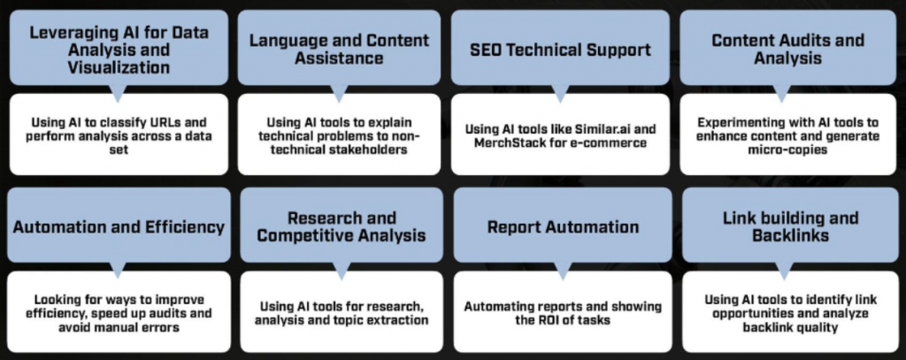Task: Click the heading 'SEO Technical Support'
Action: (560, 50)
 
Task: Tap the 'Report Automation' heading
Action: (563, 226)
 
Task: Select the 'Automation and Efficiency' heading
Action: (119, 226)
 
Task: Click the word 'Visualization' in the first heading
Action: (119, 67)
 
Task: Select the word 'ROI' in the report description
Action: (549, 319)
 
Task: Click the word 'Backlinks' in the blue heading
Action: (790, 235)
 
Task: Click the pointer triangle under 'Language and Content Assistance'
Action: (340, 94)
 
